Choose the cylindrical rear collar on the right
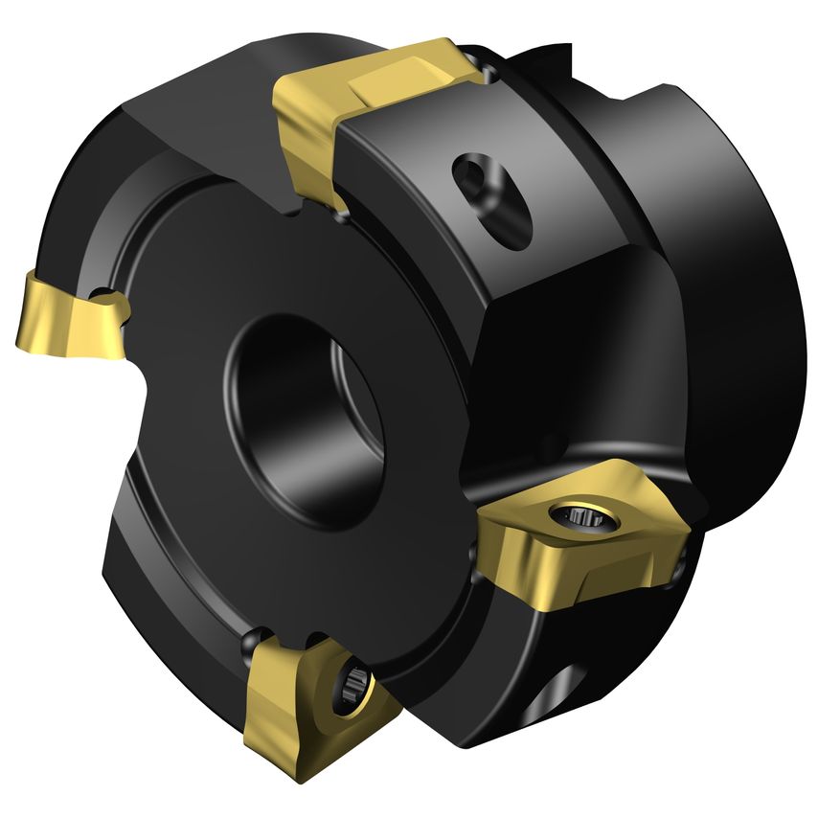[x=728, y=287]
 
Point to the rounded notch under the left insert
[x=144, y=378]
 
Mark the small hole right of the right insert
[x=679, y=569]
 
